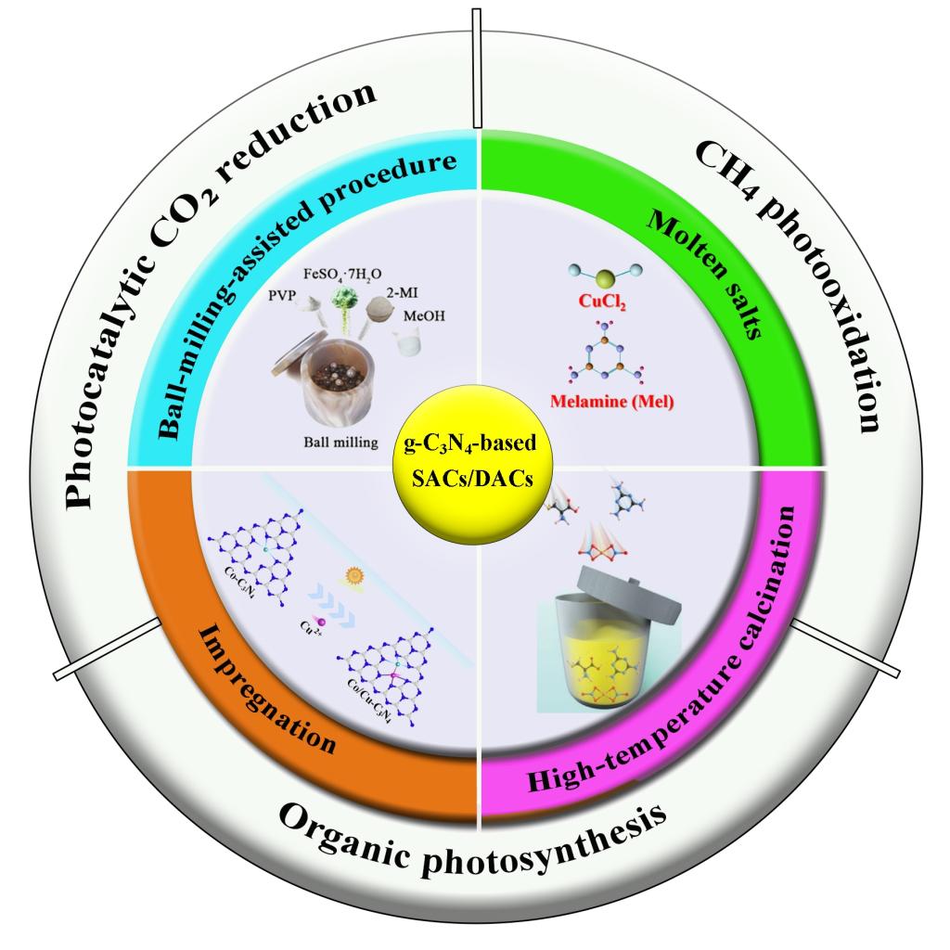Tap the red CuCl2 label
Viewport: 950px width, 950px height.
tap(602, 302)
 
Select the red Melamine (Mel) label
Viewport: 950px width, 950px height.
tap(612, 401)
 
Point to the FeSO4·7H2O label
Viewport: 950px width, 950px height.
tap(342, 275)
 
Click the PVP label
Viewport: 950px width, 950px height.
tap(282, 295)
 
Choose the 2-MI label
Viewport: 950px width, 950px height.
tap(402, 292)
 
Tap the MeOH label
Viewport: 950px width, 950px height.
tap(424, 315)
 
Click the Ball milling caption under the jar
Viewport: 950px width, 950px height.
tap(340, 443)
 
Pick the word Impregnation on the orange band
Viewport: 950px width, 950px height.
tap(266, 690)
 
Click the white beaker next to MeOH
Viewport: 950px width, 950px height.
tap(408, 341)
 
